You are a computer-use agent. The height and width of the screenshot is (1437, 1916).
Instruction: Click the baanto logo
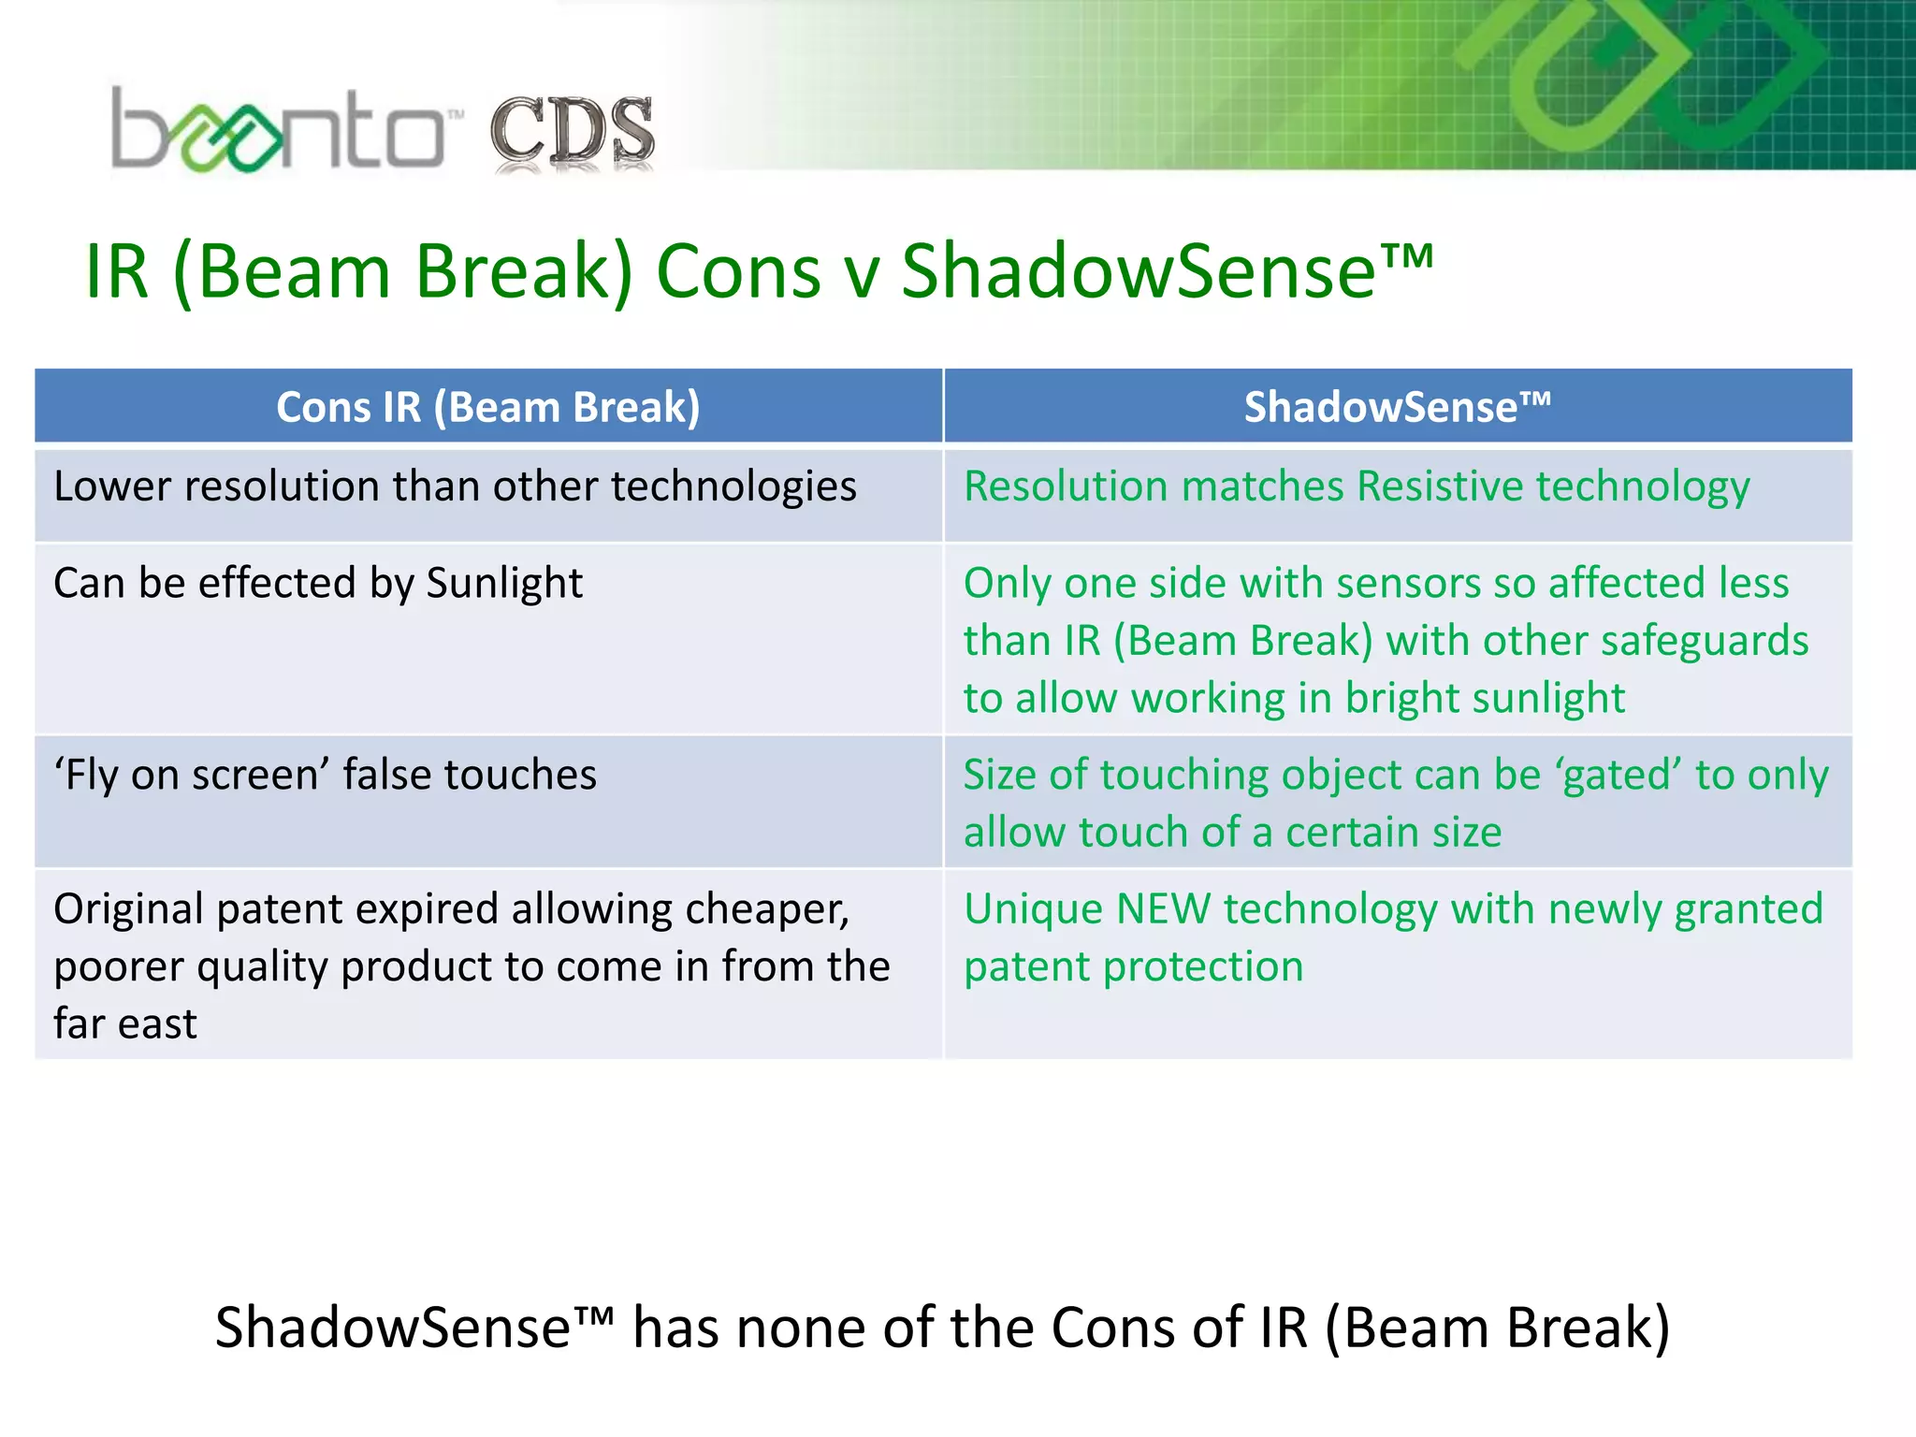pyautogui.click(x=278, y=131)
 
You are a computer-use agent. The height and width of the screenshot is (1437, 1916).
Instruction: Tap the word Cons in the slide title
pyautogui.click(x=738, y=272)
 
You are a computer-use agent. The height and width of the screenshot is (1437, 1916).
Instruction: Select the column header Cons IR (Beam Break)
pyautogui.click(x=487, y=407)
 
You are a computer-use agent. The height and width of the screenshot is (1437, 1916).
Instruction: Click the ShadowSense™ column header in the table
pyautogui.click(x=1397, y=407)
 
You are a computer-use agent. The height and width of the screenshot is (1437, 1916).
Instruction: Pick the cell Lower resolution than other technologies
pyautogui.click(x=455, y=487)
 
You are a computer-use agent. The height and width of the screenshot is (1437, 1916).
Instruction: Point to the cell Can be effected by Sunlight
pyautogui.click(x=318, y=584)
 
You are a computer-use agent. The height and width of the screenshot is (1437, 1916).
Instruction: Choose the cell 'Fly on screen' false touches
pyautogui.click(x=325, y=776)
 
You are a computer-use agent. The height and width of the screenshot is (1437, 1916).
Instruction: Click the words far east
pyautogui.click(x=125, y=1024)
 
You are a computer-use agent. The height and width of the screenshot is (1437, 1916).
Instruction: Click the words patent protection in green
pyautogui.click(x=1133, y=967)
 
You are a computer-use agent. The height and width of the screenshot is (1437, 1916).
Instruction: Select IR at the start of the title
pyautogui.click(x=117, y=272)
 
